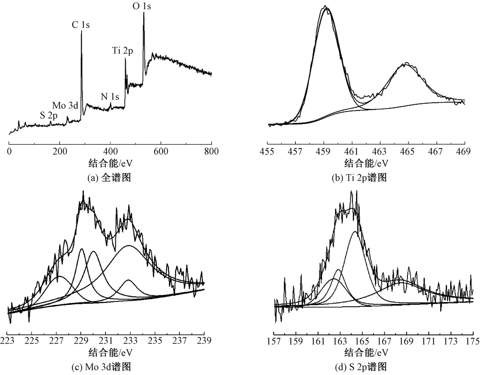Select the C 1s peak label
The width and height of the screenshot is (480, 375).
coord(81,25)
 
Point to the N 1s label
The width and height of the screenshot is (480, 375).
coord(109,97)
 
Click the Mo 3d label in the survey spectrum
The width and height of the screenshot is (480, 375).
coord(65,105)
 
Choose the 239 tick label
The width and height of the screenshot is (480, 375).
coord(204,342)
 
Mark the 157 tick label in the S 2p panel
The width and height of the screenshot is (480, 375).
coord(274,342)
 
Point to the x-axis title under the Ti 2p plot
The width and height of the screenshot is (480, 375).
coord(365,163)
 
